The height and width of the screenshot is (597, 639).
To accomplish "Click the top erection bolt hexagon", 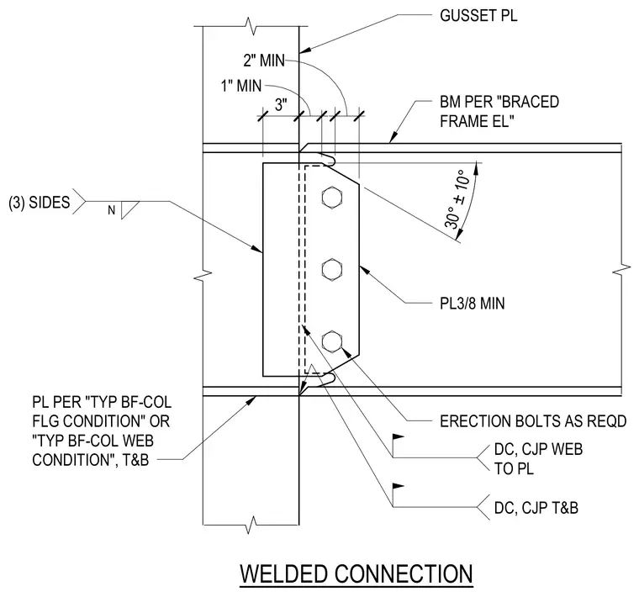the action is (x=332, y=198).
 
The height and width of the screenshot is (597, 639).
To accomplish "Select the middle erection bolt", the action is (x=332, y=269).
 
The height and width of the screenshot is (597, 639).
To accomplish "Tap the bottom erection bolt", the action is (x=332, y=341).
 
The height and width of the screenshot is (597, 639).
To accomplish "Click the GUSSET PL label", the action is (x=478, y=16).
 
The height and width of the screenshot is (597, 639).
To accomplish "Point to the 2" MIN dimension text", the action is (x=264, y=61).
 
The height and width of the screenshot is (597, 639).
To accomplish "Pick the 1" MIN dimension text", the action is (x=240, y=86).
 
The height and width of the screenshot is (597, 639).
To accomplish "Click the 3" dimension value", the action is (x=281, y=105).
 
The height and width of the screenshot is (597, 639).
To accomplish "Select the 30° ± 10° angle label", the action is (x=457, y=199).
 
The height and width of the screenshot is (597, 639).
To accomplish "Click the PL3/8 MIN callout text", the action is (x=472, y=304).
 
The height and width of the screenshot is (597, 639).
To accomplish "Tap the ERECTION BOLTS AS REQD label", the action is (x=533, y=421).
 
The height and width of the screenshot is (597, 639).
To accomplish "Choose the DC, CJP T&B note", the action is (x=536, y=508).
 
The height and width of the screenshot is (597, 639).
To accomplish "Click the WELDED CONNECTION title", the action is (x=356, y=573).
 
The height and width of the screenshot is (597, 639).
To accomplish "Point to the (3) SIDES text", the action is (x=40, y=203).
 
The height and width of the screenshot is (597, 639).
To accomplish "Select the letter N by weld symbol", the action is (x=111, y=210).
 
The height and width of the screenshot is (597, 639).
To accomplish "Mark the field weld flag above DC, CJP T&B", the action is (x=398, y=486).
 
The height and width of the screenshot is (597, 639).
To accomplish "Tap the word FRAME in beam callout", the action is (x=463, y=121).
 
